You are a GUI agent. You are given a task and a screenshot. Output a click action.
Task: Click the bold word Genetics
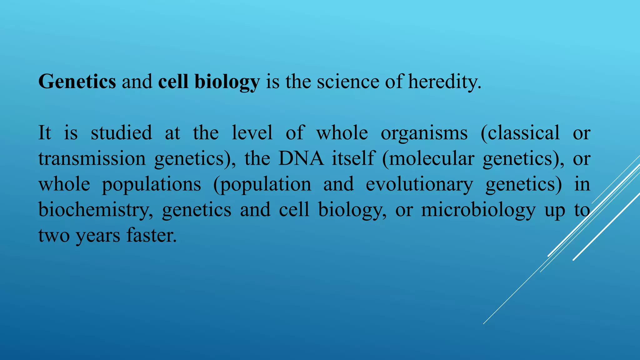pos(77,82)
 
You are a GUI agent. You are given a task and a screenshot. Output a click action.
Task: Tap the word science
pos(348,82)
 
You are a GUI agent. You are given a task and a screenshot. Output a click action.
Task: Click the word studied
pos(121,132)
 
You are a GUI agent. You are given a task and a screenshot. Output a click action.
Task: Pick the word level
pos(252,132)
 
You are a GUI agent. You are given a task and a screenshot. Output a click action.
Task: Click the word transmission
pos(92,158)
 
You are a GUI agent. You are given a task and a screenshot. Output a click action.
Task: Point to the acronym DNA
pos(301,158)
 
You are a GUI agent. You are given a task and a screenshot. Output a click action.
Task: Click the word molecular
pos(432,158)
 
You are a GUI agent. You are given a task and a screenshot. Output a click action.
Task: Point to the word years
pos(98,236)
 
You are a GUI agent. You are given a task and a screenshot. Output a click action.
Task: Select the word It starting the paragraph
pos(44,132)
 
